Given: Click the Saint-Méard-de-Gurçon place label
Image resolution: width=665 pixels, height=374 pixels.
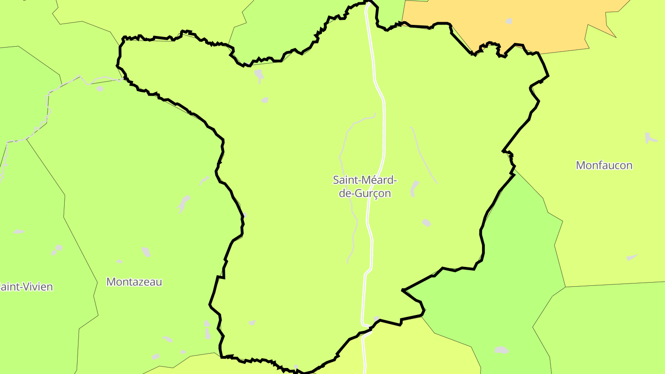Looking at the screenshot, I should [x=365, y=187].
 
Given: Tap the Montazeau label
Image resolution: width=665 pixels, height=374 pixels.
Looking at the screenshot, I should [x=134, y=282].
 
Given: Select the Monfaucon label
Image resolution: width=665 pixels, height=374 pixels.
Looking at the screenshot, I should [x=604, y=165].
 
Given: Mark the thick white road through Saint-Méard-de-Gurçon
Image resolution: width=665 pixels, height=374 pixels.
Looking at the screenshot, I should [x=383, y=139].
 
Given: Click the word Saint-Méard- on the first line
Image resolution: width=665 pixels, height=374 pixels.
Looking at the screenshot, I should [x=365, y=180].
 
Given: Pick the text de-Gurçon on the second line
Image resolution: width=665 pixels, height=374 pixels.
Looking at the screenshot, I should [x=365, y=193].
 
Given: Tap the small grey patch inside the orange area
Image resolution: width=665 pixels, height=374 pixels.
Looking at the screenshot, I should [x=509, y=21].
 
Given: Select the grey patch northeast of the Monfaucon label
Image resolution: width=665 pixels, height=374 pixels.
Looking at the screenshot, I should [x=650, y=138].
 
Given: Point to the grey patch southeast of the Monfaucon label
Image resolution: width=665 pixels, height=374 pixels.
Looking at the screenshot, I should [x=632, y=257].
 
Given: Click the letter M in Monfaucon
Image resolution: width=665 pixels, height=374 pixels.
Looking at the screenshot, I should [x=580, y=165].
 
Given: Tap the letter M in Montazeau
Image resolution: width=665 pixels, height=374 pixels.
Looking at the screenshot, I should [x=110, y=282].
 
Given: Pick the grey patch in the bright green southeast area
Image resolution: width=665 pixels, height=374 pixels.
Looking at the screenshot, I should [x=502, y=350].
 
